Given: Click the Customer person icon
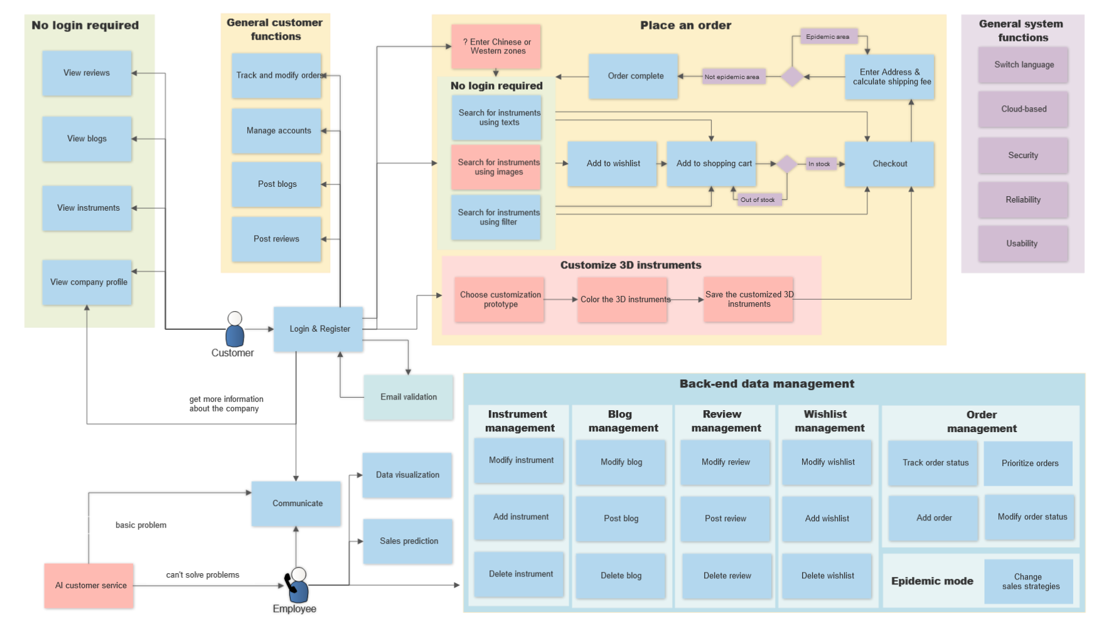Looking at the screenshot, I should pos(235,329).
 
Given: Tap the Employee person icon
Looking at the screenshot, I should pos(297,584).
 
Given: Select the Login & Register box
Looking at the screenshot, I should pos(319,329).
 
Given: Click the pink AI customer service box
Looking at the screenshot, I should pos(89,586).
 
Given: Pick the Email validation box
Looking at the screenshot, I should pos(409,397).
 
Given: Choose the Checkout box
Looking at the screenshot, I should pos(889,164).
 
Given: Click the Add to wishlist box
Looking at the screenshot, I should pos(613,164).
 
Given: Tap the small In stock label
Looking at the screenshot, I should pos(819,164).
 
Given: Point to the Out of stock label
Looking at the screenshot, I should pos(758,200).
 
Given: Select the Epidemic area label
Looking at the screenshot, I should pos(828,36).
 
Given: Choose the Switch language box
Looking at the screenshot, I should pos(1024,65).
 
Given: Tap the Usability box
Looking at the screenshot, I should pos(1022,243).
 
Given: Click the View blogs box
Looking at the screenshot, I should pos(87,139).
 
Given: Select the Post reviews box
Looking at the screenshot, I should pos(277,239).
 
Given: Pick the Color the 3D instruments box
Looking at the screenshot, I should pos(623,300).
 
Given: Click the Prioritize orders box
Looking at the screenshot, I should pos(1029,463).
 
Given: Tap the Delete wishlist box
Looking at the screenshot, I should pos(827,576).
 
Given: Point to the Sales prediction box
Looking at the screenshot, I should pos(408,541).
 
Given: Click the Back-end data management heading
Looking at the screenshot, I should pos(767,384).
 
